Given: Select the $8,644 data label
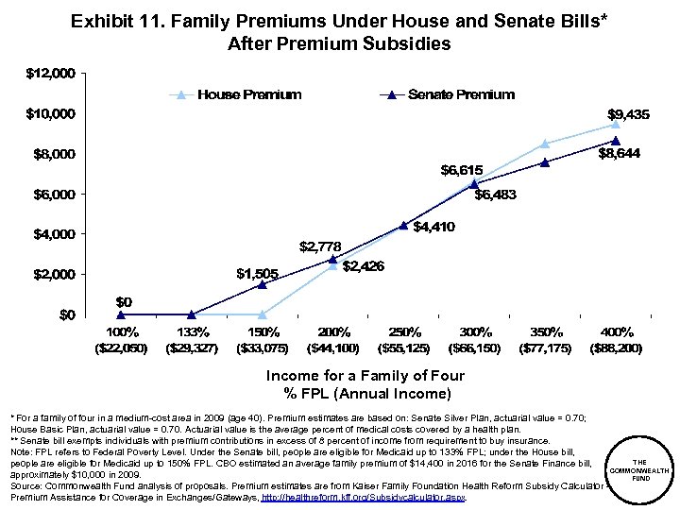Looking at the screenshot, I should click(619, 155).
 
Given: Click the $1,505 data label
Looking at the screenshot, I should click(256, 273).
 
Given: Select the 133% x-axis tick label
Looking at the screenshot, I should click(191, 332).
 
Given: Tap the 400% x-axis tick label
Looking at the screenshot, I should click(617, 332).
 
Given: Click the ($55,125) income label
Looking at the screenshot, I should click(403, 348).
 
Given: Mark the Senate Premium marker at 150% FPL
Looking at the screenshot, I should click(262, 284).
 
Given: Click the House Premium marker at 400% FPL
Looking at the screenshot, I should click(616, 125).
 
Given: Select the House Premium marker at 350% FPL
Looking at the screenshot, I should click(545, 144).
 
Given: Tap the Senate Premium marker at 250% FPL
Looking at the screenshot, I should click(403, 225).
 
